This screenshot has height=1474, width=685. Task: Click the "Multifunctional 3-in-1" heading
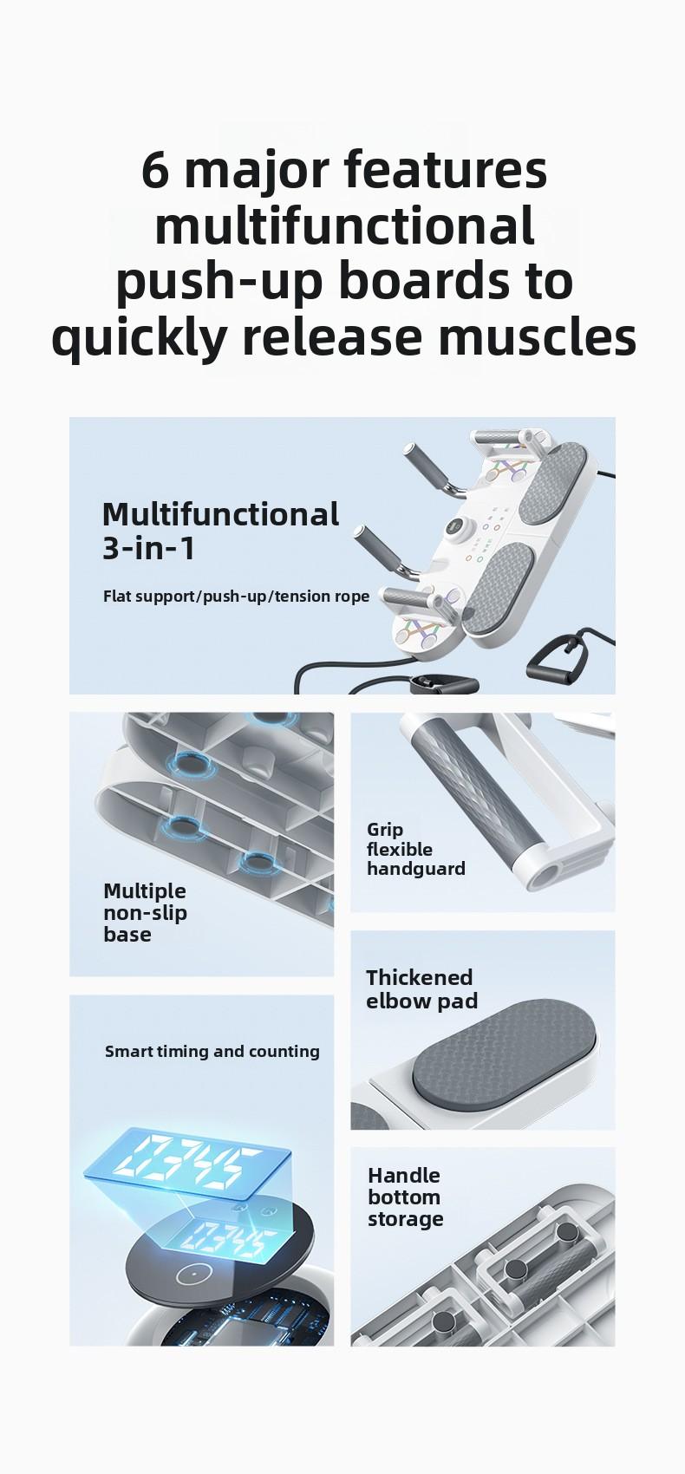click(x=219, y=531)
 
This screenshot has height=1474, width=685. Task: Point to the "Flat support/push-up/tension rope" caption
click(x=236, y=597)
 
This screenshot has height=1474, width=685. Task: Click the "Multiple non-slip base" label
click(x=145, y=912)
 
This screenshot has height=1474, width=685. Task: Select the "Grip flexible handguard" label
click(x=415, y=849)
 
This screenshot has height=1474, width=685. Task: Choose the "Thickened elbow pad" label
click(x=421, y=989)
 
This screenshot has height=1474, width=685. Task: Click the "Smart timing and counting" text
click(x=212, y=1052)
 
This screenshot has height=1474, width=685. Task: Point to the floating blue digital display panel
click(x=186, y=1163)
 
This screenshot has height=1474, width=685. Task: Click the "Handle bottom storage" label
click(x=405, y=1197)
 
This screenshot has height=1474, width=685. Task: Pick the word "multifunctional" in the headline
click(x=344, y=225)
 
